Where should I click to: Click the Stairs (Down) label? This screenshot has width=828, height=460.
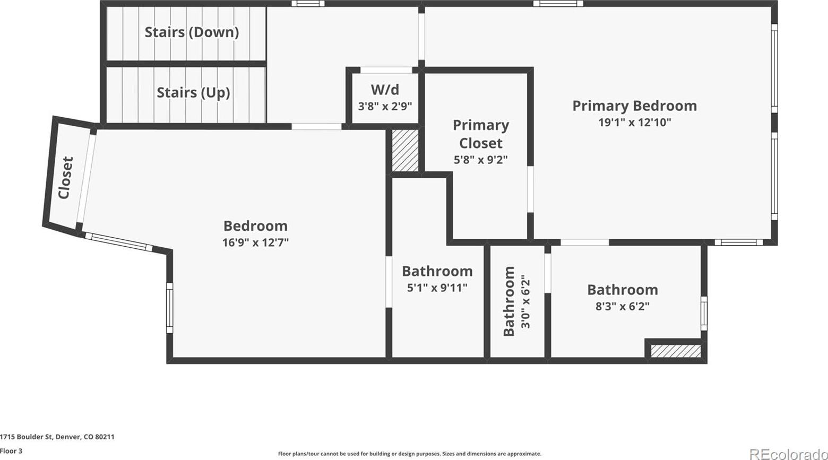pyautogui.click(x=192, y=32)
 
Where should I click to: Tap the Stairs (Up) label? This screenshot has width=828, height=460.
pyautogui.click(x=193, y=92)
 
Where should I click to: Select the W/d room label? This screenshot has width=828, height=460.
pyautogui.click(x=385, y=90)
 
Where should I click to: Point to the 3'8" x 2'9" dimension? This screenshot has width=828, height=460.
pyautogui.click(x=385, y=107)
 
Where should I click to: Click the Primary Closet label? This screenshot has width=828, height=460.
pyautogui.click(x=480, y=134)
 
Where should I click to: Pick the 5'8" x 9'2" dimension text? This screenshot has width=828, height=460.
pyautogui.click(x=480, y=160)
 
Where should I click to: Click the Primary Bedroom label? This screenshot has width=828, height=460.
pyautogui.click(x=634, y=106)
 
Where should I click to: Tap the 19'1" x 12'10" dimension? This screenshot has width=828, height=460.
pyautogui.click(x=634, y=122)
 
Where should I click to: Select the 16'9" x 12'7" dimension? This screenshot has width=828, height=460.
pyautogui.click(x=255, y=242)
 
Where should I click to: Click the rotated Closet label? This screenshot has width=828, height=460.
pyautogui.click(x=66, y=178)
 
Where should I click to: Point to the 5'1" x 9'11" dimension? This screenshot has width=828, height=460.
pyautogui.click(x=437, y=288)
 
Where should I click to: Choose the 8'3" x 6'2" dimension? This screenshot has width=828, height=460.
pyautogui.click(x=623, y=306)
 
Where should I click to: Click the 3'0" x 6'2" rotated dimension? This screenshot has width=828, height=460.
pyautogui.click(x=525, y=301)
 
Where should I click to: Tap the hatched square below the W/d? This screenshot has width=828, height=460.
pyautogui.click(x=405, y=150)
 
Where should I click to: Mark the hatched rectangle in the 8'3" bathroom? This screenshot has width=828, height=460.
pyautogui.click(x=676, y=351)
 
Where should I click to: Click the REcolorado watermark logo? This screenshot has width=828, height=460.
pyautogui.click(x=788, y=453)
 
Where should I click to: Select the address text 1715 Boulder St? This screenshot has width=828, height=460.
pyautogui.click(x=27, y=437)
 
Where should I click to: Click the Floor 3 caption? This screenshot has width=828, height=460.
pyautogui.click(x=11, y=451)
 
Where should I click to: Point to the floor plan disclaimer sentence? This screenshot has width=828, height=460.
pyautogui.click(x=410, y=454)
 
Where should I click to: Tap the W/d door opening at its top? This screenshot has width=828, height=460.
pyautogui.click(x=386, y=70)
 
